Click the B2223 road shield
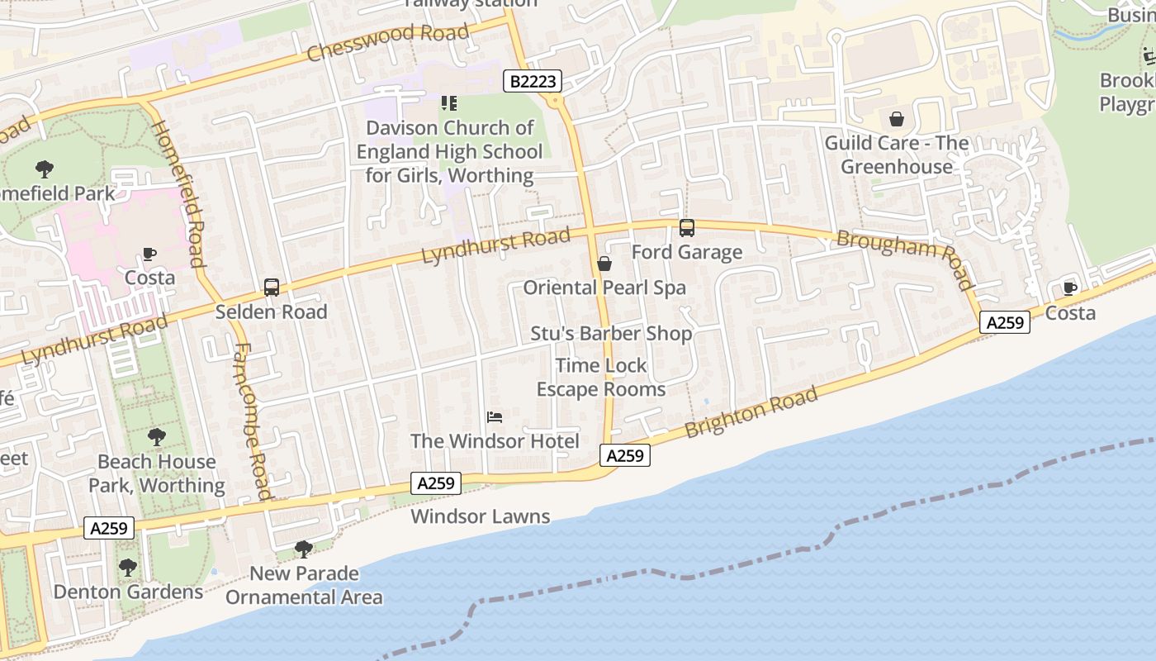pyautogui.click(x=533, y=81)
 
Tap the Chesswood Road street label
pyautogui.click(x=387, y=43)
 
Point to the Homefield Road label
pyautogui.click(x=178, y=194)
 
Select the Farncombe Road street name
pyautogui.click(x=253, y=421)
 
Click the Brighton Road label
pyautogui.click(x=751, y=412)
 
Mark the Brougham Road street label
pyautogui.click(x=906, y=259)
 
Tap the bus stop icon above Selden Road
pyautogui.click(x=271, y=288)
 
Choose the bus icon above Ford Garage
pyautogui.click(x=686, y=228)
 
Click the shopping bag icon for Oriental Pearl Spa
pyautogui.click(x=604, y=264)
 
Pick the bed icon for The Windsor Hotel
pyautogui.click(x=495, y=417)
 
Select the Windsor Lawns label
pyautogui.click(x=480, y=516)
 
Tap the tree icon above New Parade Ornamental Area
pyautogui.click(x=303, y=549)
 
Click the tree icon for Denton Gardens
pyautogui.click(x=127, y=568)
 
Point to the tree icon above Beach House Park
pyautogui.click(x=156, y=437)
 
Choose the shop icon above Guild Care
pyautogui.click(x=897, y=119)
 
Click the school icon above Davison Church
pyautogui.click(x=449, y=103)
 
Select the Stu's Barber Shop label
pyautogui.click(x=610, y=334)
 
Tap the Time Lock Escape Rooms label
pyautogui.click(x=601, y=377)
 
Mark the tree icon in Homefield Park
pyautogui.click(x=45, y=169)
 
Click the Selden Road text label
pyautogui.click(x=271, y=312)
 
